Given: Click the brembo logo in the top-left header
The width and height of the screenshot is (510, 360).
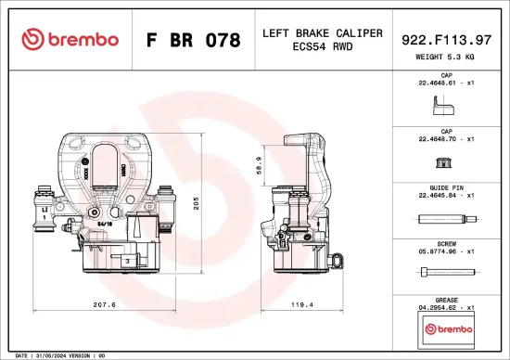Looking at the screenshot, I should click(70, 39).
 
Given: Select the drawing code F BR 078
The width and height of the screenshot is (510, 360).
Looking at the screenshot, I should click(194, 41).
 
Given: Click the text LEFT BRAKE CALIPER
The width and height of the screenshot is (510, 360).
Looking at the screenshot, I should click(322, 33).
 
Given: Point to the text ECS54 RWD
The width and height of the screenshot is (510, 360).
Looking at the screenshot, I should click(322, 47).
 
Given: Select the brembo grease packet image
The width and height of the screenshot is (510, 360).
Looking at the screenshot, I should click(447, 329).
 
